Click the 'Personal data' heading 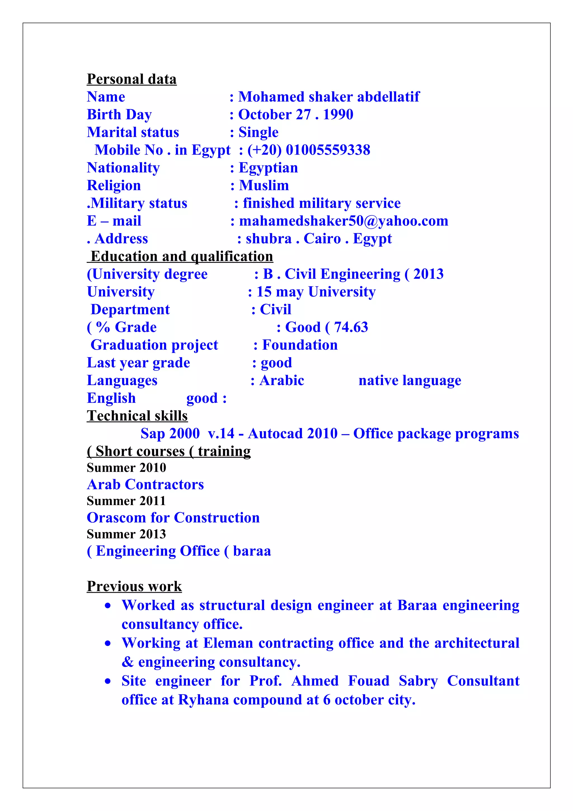[x=132, y=79]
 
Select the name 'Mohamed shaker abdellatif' [x=329, y=97]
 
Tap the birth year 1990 [x=338, y=114]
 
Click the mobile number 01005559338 [x=328, y=150]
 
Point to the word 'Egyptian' [x=268, y=168]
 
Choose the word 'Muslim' [x=264, y=186]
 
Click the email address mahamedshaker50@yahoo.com [x=344, y=221]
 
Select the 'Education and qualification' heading [x=182, y=256]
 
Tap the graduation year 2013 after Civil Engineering [x=428, y=274]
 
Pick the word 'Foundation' [x=300, y=345]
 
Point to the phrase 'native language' [x=410, y=380]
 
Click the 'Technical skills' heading [x=137, y=416]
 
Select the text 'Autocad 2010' [x=293, y=434]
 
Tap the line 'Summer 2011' [x=126, y=501]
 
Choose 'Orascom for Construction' [x=173, y=518]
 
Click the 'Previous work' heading [x=134, y=586]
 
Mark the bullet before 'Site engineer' [x=108, y=681]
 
